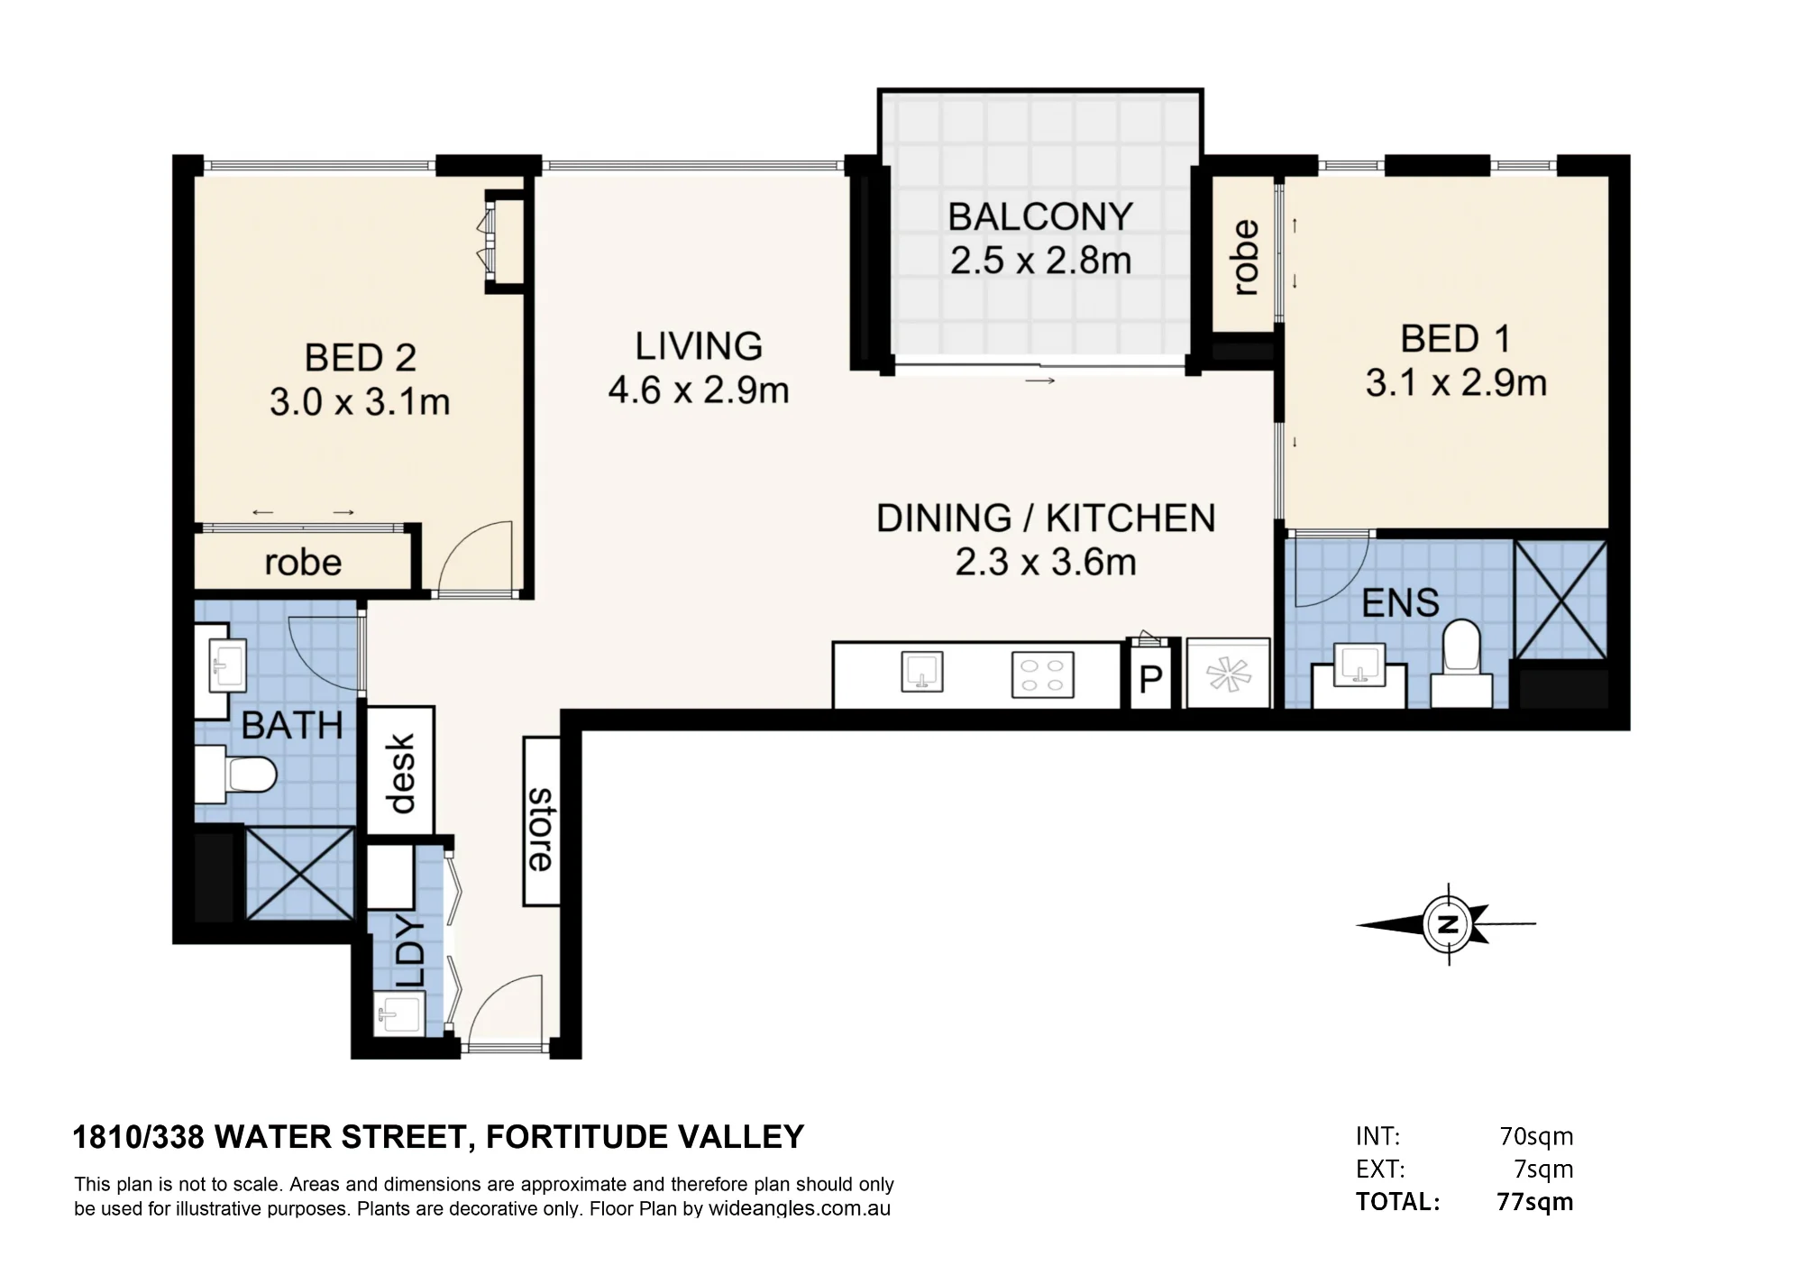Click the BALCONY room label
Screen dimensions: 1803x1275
click(1040, 216)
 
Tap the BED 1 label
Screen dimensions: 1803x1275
click(1455, 339)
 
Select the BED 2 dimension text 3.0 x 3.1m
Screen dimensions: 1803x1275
click(360, 402)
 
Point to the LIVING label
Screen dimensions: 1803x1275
click(699, 346)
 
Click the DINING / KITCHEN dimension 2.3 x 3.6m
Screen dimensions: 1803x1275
click(1046, 562)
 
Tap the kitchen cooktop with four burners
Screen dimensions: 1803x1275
click(1043, 674)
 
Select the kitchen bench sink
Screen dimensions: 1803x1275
click(922, 672)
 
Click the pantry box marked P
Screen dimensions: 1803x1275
click(1151, 677)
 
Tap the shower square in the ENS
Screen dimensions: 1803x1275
click(1560, 600)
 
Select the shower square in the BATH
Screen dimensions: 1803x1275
click(300, 873)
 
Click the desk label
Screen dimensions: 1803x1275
click(400, 773)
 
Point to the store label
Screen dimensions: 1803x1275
click(541, 830)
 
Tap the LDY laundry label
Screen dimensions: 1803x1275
click(408, 952)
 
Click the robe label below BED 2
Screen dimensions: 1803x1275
click(303, 563)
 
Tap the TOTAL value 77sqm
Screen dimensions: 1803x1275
click(1535, 1202)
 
